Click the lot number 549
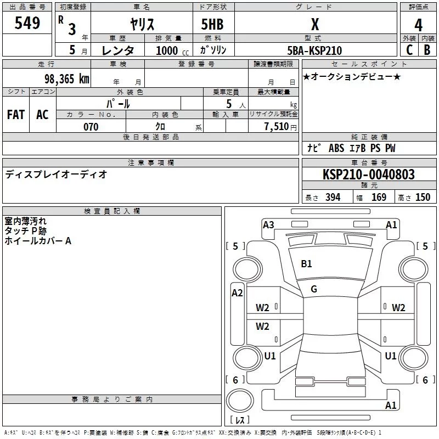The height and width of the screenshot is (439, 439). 27,23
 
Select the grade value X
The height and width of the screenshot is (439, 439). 314,24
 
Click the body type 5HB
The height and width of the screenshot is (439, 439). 212,24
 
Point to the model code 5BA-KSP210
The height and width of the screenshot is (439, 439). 314,50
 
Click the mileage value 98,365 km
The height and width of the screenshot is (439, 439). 66,78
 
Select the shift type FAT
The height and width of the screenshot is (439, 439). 15,115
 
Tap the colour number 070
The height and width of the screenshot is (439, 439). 91,127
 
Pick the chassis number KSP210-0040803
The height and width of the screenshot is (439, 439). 368,175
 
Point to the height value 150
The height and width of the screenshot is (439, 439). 423,198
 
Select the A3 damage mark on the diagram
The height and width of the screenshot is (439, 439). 268,224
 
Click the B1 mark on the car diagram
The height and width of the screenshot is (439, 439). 306,264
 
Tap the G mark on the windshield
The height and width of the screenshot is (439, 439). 314,289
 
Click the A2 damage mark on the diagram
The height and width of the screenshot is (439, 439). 237,293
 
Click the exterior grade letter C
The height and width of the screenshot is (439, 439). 409,50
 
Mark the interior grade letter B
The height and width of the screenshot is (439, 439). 427,50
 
